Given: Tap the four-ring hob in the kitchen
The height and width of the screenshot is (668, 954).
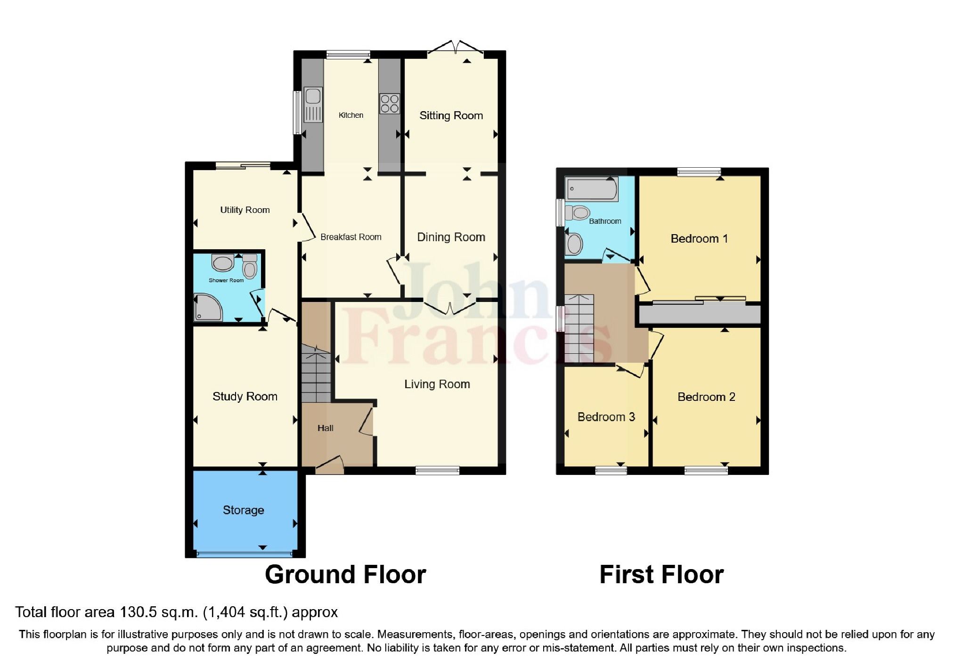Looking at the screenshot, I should tap(389, 104).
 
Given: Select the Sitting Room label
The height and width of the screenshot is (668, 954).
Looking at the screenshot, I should tap(451, 115).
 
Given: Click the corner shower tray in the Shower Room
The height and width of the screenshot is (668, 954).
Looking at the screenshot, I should tap(207, 308).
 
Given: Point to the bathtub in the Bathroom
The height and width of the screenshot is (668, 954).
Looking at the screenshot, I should tap(591, 189).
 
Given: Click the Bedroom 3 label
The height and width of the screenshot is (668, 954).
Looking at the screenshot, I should tap(606, 417).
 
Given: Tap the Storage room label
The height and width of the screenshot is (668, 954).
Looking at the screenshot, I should tap(243, 510).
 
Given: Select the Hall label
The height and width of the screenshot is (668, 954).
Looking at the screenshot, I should tap(325, 428).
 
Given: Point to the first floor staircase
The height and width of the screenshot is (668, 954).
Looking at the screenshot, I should tap(579, 328).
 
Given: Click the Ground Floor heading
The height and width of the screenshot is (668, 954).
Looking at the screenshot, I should tap(345, 575).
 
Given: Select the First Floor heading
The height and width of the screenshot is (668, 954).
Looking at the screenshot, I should tap(661, 575).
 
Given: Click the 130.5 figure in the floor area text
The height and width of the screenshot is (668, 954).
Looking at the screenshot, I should tap(136, 612).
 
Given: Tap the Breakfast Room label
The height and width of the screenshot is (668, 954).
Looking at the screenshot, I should tap(351, 237).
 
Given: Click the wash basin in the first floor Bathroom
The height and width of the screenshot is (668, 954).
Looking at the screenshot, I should tap(574, 244).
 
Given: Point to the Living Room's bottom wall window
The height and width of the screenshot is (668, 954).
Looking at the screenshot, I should tap(437, 470).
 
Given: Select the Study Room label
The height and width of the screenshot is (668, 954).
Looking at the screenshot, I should tap(245, 396).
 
